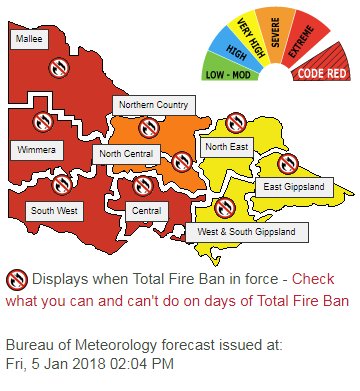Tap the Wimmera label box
(36, 149)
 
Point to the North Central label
(125, 154)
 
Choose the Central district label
(148, 211)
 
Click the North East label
(222, 146)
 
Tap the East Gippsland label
(287, 187)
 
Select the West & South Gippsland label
(246, 232)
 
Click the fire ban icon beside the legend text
(16, 279)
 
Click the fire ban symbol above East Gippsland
(288, 162)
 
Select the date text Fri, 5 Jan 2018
(54, 362)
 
